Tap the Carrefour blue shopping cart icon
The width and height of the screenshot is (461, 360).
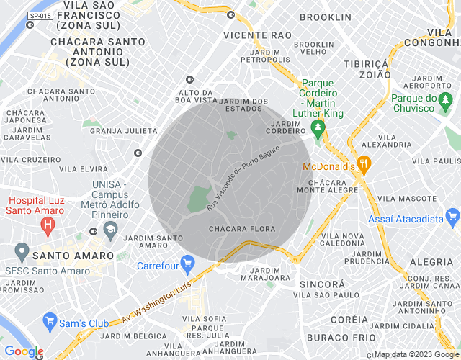(189, 264)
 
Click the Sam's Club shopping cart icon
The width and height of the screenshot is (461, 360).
(50, 319)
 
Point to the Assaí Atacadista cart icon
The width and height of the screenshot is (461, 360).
(452, 215)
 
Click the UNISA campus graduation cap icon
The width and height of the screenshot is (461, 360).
(110, 230)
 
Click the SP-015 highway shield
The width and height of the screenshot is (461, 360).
(40, 15)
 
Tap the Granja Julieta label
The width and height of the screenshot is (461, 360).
(123, 130)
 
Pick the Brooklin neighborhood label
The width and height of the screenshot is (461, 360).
(326, 17)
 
